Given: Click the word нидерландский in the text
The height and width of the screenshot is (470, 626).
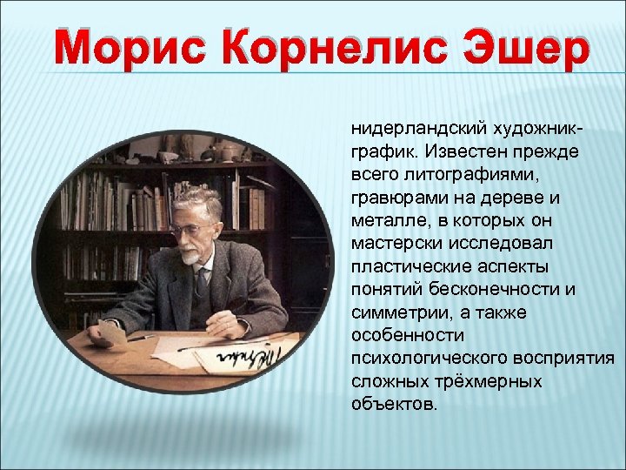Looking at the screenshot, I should tap(404, 128).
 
